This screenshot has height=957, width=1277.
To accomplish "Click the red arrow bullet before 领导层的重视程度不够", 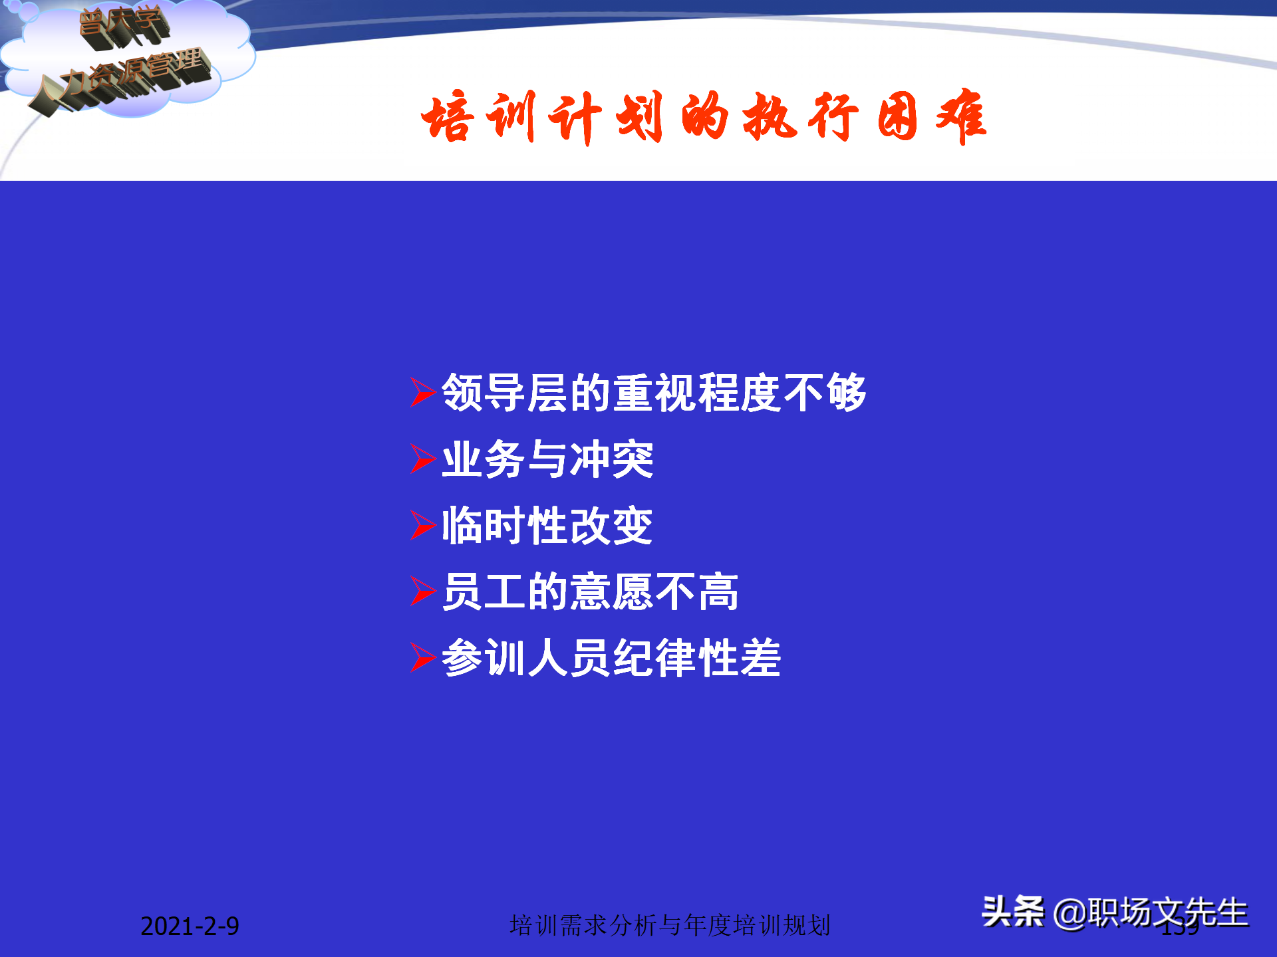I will (x=422, y=392).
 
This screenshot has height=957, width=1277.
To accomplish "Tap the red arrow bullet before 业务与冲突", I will (x=422, y=459).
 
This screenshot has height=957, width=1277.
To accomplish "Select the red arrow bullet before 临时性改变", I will (x=422, y=525).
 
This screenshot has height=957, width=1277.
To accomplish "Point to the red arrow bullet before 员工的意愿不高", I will (x=422, y=591).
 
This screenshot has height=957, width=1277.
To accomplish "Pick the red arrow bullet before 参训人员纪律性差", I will (x=422, y=658).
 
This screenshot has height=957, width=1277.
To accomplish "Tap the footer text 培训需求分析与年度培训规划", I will (x=670, y=925).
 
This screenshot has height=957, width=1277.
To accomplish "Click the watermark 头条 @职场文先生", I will (x=1115, y=912).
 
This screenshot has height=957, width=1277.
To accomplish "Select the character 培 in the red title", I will (x=447, y=118).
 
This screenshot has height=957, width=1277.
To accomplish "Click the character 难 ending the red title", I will (x=961, y=118).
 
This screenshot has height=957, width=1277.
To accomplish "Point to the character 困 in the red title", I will (x=897, y=118).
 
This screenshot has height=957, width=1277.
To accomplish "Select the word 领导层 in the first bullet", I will (x=505, y=392).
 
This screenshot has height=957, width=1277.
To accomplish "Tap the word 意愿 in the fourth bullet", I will (x=612, y=591).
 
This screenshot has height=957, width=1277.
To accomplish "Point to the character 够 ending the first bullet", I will (x=847, y=392).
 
